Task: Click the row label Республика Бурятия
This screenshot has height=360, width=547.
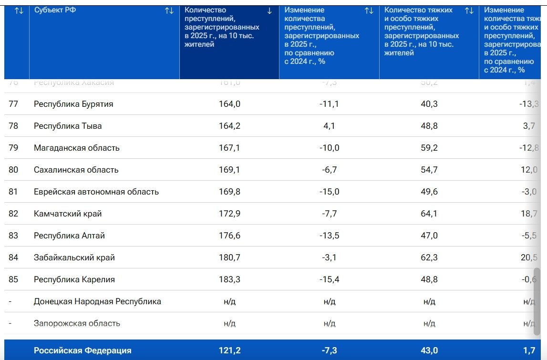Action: [73, 104]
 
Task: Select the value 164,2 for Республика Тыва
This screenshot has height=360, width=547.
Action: [229, 126]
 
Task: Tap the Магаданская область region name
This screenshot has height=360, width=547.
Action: [77, 148]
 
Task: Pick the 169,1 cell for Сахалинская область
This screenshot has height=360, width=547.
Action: [229, 170]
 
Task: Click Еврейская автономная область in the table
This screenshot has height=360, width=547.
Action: [96, 192]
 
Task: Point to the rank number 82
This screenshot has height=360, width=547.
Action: [13, 214]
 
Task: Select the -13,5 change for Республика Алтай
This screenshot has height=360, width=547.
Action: [329, 236]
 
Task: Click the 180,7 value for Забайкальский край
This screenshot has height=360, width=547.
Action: [229, 257]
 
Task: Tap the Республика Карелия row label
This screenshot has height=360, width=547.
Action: [74, 279]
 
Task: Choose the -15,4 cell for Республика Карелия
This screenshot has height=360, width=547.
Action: [329, 279]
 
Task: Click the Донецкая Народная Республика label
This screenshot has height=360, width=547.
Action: [97, 301]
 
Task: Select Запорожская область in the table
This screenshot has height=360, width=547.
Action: [77, 323]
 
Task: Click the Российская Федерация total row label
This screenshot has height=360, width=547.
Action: [83, 350]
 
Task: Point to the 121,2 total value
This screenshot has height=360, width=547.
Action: [229, 350]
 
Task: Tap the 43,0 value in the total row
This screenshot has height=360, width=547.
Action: [429, 350]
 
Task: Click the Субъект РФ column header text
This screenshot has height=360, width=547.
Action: [55, 10]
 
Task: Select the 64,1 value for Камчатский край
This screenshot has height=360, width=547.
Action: [429, 214]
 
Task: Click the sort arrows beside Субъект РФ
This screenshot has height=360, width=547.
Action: [169, 10]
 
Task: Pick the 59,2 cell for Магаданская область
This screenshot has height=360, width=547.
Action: [429, 148]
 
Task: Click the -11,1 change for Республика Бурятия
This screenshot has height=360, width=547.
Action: [329, 104]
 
